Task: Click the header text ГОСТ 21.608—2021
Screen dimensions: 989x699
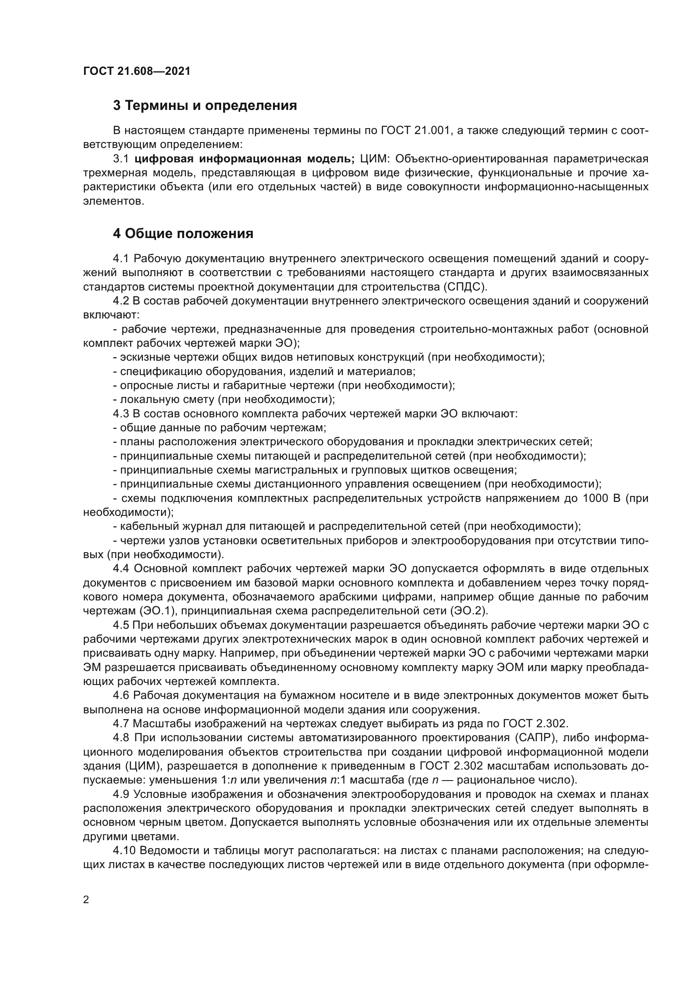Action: pyautogui.click(x=137, y=71)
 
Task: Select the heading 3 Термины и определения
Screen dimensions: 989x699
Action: pyautogui.click(x=205, y=106)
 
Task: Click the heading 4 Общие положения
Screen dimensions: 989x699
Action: pyautogui.click(x=183, y=234)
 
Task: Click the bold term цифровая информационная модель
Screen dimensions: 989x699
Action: pyautogui.click(x=244, y=159)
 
